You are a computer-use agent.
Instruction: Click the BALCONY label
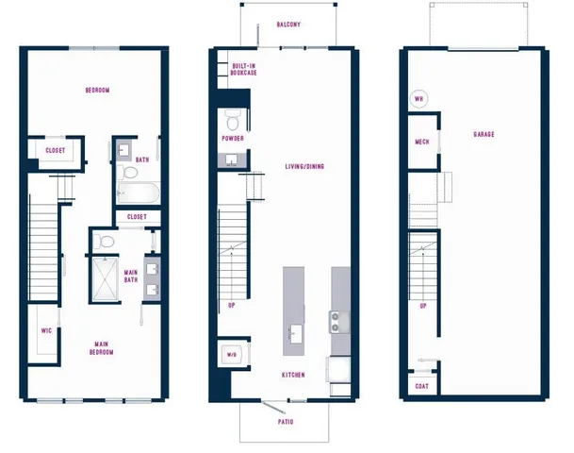[x=288, y=25]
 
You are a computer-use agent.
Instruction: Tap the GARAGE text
[x=484, y=134]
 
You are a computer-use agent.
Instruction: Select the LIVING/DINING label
[x=304, y=167]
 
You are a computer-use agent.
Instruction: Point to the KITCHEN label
[x=293, y=375]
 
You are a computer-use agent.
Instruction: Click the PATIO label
[x=286, y=421]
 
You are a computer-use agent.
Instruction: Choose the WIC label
[x=45, y=331]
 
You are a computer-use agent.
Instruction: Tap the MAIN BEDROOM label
[x=102, y=347]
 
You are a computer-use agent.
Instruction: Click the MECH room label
[x=422, y=143]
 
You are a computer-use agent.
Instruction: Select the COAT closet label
[x=420, y=386]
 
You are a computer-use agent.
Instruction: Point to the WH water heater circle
[x=418, y=98]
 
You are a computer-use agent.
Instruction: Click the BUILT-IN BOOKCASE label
[x=245, y=69]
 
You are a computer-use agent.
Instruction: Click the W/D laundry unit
[x=233, y=355]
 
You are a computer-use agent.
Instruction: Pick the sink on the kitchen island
[x=294, y=332]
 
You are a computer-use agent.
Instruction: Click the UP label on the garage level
[x=422, y=306]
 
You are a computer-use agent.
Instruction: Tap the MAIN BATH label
[x=132, y=277]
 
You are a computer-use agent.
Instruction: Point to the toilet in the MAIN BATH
[x=107, y=243]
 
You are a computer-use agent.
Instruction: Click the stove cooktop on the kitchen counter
[x=337, y=322]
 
